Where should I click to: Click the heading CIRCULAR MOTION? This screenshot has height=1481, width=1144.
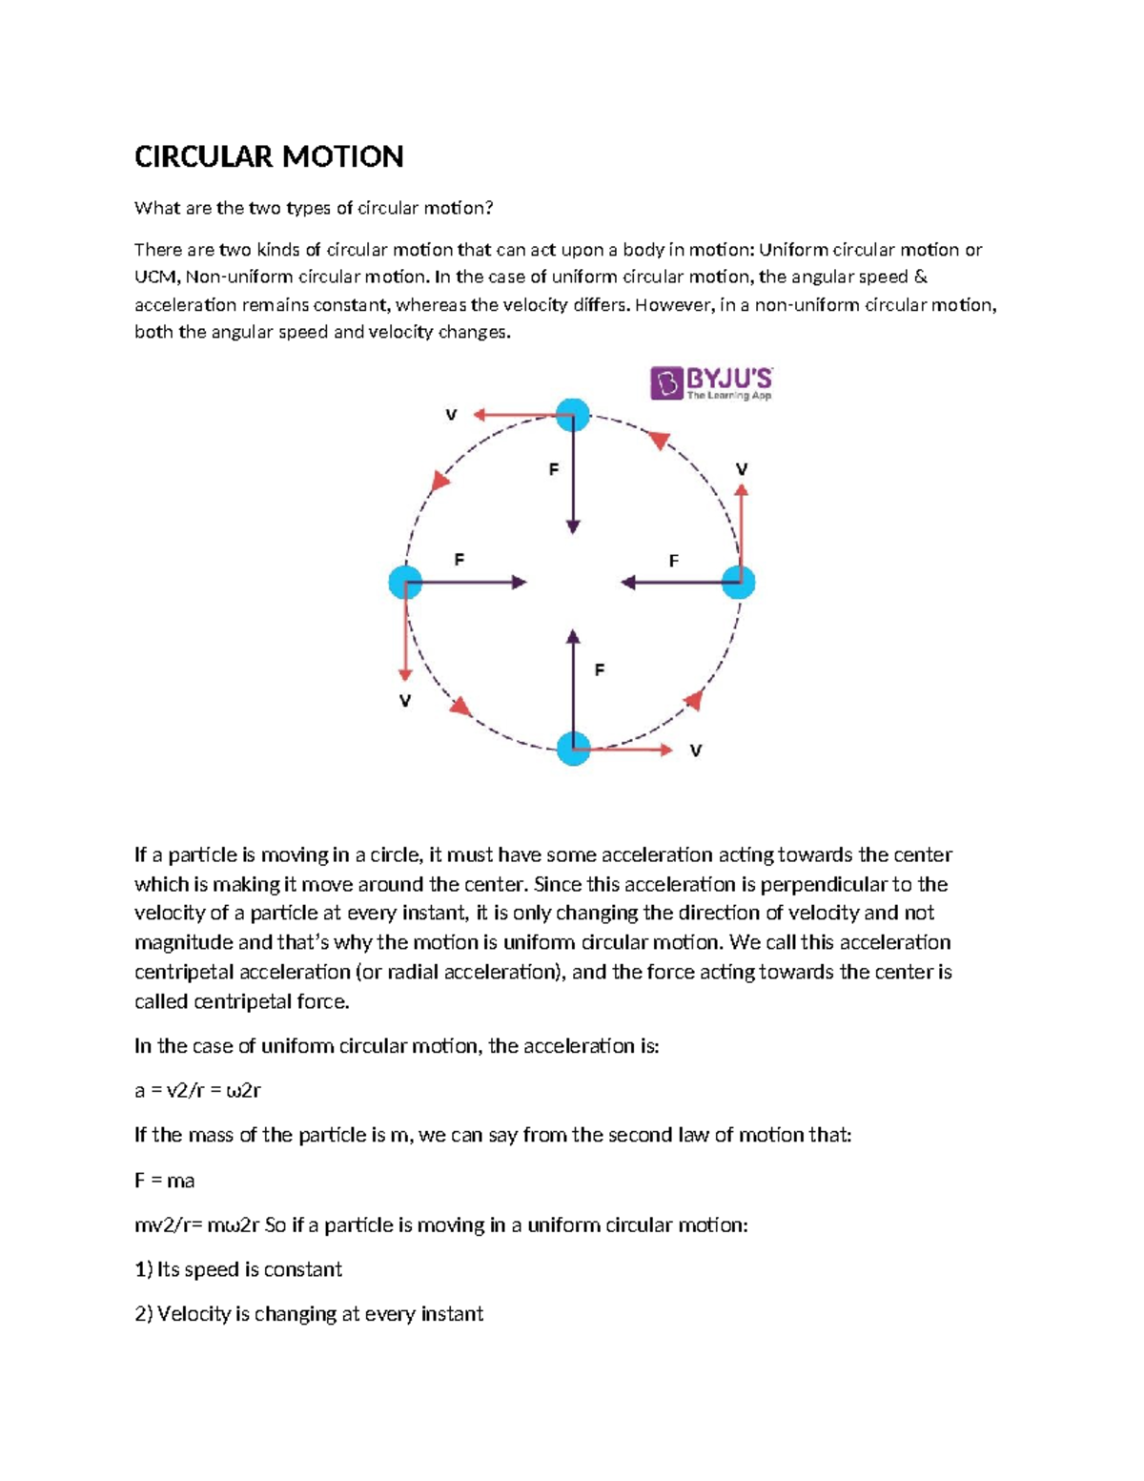269,156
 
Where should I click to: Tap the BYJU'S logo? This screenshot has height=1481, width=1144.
711,382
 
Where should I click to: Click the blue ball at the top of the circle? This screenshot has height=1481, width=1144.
573,415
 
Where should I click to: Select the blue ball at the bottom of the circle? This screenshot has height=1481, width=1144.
573,749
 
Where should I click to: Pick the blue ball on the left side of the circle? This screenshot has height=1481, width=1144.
406,582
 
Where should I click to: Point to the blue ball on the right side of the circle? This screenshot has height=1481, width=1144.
739,582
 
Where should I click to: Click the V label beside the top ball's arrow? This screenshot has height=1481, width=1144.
451,415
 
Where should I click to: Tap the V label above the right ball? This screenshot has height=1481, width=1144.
742,469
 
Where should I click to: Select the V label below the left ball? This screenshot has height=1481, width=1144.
405,701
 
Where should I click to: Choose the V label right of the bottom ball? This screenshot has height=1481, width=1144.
696,751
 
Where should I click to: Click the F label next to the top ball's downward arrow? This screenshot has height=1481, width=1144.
553,469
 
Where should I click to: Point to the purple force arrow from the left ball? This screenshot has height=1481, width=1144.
467,582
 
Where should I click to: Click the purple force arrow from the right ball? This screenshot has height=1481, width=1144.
677,582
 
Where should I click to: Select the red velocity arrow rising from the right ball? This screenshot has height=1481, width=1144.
742,529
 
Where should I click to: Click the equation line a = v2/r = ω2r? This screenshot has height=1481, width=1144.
197,1090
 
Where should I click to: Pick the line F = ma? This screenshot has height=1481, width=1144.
164,1181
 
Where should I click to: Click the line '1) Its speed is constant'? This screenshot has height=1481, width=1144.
238,1269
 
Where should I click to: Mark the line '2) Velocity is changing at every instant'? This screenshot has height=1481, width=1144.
309,1314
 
